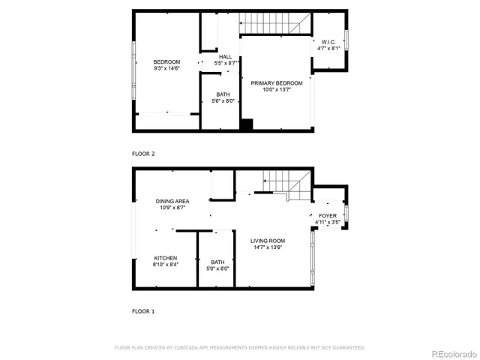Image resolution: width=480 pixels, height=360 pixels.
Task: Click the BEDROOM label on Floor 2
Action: point(166,61)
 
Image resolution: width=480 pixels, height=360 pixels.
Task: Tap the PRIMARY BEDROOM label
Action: point(277,82)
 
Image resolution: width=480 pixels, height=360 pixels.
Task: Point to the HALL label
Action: point(225,57)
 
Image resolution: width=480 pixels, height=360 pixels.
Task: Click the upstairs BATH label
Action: point(223,94)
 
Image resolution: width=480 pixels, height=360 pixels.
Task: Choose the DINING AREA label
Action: point(172,201)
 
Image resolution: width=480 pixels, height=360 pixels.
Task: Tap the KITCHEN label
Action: point(166,258)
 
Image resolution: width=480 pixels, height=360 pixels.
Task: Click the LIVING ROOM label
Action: point(268,241)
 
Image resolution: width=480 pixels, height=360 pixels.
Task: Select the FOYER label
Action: point(327,216)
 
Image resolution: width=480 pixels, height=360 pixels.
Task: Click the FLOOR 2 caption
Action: point(143,154)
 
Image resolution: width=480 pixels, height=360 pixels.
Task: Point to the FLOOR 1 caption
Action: point(143,310)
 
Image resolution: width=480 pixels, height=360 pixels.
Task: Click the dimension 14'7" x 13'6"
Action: point(268,247)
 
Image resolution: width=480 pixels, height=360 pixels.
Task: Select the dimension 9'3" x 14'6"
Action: point(166,68)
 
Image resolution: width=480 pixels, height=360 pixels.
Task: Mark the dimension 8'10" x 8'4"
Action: point(166,265)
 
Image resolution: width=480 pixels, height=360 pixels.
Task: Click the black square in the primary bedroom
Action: point(246,125)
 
